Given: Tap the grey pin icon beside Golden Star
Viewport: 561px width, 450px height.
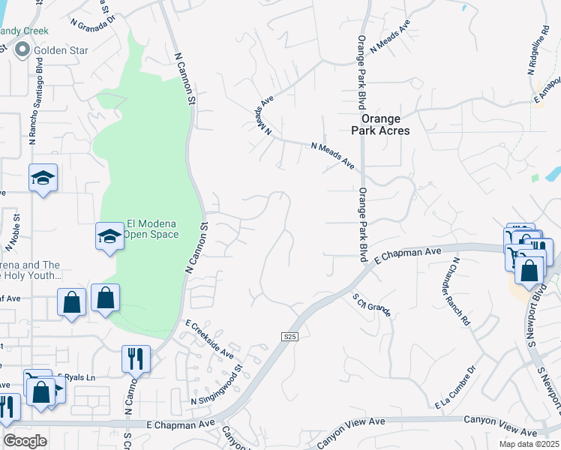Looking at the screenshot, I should click(x=21, y=50).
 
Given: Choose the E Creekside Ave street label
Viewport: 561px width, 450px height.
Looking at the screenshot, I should click(x=210, y=339).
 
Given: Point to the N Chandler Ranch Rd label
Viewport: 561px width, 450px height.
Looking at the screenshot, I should click(x=460, y=291).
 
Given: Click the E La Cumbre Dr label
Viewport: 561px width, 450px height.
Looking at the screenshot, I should click(x=456, y=388).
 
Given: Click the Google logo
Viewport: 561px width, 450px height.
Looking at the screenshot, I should click(x=25, y=440).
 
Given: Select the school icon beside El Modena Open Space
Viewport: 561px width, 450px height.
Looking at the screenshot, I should click(x=109, y=236).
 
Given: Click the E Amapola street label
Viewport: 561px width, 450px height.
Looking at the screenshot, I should click(x=547, y=88).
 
